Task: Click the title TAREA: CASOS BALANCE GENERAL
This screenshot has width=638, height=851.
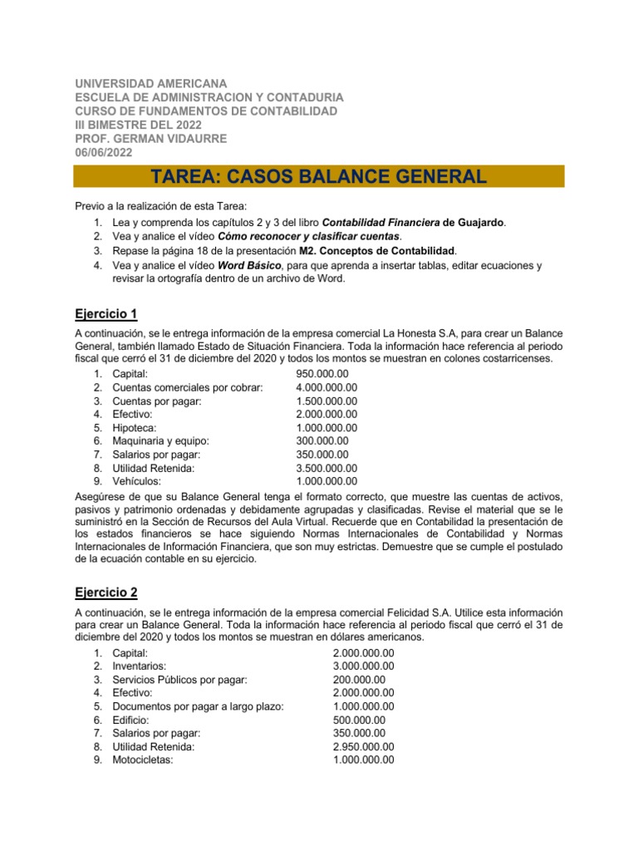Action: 318,176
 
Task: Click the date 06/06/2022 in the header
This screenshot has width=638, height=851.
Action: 103,151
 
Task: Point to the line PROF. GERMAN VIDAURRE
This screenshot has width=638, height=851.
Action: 150,138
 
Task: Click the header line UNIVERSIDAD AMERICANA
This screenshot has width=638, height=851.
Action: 150,84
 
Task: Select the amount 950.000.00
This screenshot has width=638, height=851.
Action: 322,374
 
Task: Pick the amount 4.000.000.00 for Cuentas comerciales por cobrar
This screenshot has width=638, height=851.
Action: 326,387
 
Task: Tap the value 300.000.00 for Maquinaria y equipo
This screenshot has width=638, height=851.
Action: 322,440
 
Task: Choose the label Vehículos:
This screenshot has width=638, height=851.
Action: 137,480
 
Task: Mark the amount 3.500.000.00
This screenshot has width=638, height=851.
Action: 326,467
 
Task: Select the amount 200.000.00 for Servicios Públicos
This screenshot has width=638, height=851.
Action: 359,680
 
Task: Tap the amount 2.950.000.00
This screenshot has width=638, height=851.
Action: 363,746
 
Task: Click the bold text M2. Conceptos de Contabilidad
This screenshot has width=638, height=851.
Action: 376,250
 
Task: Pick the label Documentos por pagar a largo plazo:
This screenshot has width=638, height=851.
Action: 198,706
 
